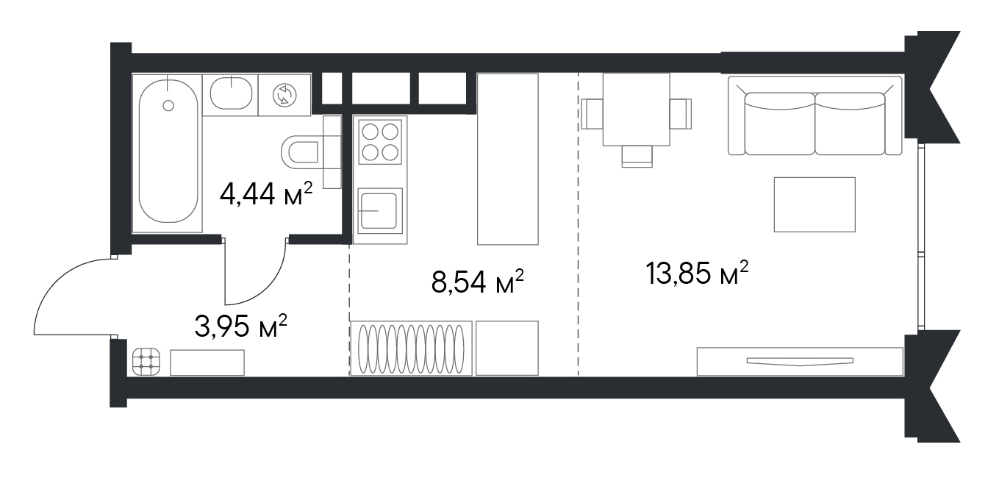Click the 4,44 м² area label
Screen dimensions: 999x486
coord(266,194)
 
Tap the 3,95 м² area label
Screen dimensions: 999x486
coord(241,326)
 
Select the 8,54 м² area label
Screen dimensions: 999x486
coord(477,282)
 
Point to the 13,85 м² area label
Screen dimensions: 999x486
coord(697,273)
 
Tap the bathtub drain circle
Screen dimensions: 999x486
coord(168,106)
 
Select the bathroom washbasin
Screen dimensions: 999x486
coord(231,93)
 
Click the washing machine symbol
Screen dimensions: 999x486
coord(284,95)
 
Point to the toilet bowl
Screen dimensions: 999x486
coord(300,152)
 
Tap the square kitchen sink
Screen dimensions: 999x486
coord(380,211)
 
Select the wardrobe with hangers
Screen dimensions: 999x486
coord(411,349)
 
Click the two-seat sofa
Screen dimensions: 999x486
coord(814,116)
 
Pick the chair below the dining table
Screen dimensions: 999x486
coord(637,156)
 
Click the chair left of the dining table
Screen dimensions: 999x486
coord(592,114)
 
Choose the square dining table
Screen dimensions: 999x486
coord(637,110)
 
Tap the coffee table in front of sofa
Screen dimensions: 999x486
coord(814,204)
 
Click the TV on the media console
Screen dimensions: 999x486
coord(800,361)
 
